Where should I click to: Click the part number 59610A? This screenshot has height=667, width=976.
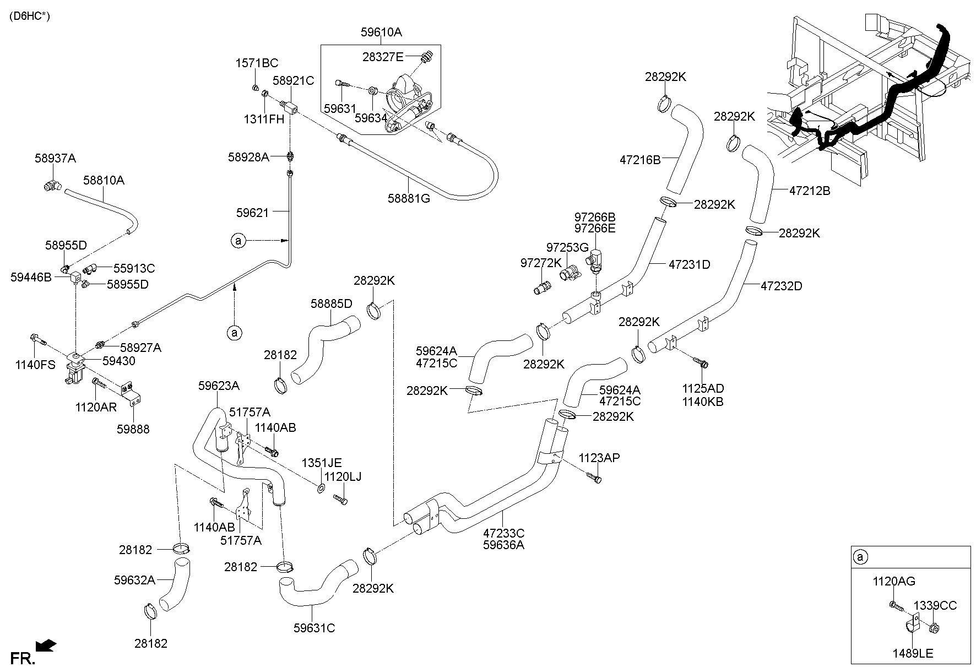[x=381, y=32]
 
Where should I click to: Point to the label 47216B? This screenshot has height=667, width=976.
[x=639, y=160]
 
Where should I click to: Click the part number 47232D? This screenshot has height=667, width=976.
[x=782, y=286]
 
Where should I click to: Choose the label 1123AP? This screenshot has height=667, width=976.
[x=599, y=458]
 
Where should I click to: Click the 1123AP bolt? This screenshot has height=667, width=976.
[x=594, y=478]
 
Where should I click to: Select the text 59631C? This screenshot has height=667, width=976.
[x=314, y=627]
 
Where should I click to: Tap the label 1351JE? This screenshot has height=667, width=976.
[x=321, y=463]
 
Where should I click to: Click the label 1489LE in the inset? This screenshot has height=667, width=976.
[x=913, y=654]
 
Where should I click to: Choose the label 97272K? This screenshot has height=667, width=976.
[x=541, y=263]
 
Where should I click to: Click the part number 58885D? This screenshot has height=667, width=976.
[x=331, y=303]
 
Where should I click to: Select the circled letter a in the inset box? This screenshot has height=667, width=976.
[x=859, y=557]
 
